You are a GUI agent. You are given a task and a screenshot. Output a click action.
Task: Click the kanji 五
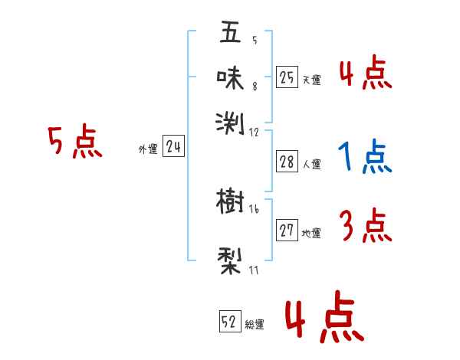point(230,34)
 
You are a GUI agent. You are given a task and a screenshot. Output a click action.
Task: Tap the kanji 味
point(230,77)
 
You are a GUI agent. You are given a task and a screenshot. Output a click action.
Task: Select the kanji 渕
point(230,121)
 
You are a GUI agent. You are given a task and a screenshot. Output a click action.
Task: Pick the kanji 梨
point(230,260)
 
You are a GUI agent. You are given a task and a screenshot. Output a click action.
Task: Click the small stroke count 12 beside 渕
point(254,132)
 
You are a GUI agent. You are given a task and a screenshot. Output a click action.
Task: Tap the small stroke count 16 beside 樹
point(254,209)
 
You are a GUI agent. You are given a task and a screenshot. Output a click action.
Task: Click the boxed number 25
point(287,77)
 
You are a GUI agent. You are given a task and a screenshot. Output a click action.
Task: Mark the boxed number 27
point(287,231)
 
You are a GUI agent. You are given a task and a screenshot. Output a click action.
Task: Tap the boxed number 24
point(173,148)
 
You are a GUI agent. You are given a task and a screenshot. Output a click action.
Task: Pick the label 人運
point(312,164)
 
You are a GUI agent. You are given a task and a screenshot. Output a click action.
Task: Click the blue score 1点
point(365,158)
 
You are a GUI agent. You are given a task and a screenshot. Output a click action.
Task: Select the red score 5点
point(74,143)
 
